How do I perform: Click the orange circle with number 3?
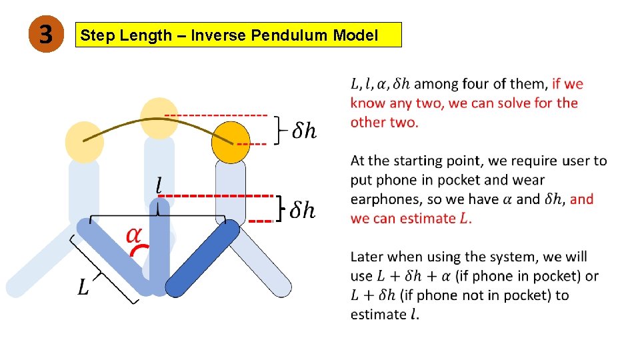pyautogui.click(x=44, y=34)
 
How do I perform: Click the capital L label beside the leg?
pyautogui.click(x=83, y=288)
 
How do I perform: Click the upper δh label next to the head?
pyautogui.click(x=304, y=131)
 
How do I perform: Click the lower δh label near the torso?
pyautogui.click(x=303, y=210)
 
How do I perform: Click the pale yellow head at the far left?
pyautogui.click(x=85, y=141)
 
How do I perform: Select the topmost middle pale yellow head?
pyautogui.click(x=159, y=117)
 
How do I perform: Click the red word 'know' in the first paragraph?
pyautogui.click(x=365, y=103)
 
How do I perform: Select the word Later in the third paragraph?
pyautogui.click(x=366, y=257)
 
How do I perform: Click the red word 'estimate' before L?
pyautogui.click(x=427, y=218)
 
